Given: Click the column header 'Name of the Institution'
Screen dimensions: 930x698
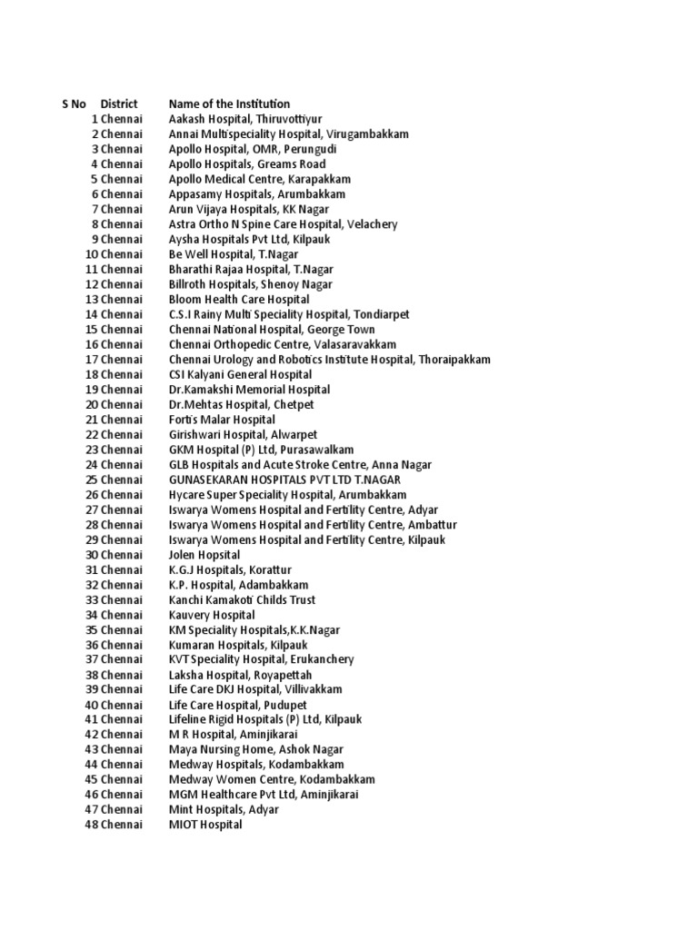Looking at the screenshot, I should (229, 104).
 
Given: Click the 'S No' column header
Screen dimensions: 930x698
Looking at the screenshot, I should (74, 104).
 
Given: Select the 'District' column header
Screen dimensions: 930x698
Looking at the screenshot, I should (119, 104).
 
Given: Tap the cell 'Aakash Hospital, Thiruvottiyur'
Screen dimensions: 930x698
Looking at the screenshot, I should (245, 119).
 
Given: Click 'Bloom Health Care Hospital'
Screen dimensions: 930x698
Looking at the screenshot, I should (239, 300).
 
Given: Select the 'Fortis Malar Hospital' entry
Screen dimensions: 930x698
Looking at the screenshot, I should (222, 420).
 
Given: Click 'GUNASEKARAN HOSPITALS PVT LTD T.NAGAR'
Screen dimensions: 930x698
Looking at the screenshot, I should (284, 480).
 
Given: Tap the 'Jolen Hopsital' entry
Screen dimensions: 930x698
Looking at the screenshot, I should (204, 555).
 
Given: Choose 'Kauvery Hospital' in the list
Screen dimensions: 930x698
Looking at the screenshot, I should (212, 615).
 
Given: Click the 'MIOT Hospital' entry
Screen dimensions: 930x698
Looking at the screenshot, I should (205, 825).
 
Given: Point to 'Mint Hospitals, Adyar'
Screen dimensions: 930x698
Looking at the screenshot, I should (224, 809).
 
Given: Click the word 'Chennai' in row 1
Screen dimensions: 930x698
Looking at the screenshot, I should (122, 119).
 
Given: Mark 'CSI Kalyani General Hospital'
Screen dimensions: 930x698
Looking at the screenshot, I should (240, 374).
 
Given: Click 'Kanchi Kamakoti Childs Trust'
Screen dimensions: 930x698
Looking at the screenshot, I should (243, 600).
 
